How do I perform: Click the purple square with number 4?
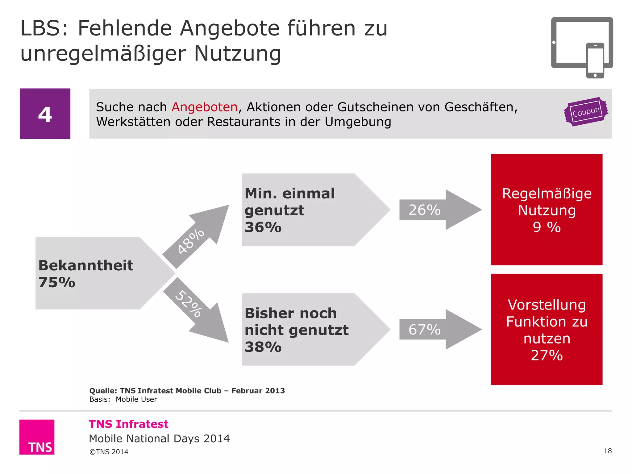[x=45, y=114]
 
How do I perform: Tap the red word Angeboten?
[x=204, y=107]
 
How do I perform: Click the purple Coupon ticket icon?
[x=586, y=112]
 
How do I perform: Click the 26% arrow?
[x=438, y=210]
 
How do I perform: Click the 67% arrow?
[x=438, y=330]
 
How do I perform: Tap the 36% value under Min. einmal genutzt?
[x=263, y=227]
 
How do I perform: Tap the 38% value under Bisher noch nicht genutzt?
[x=263, y=347]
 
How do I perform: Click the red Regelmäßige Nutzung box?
[x=547, y=210]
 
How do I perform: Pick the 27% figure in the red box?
[x=547, y=355]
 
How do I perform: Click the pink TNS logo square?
[x=37, y=437]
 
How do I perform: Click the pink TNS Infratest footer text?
[x=128, y=424]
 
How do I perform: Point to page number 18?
[x=607, y=451]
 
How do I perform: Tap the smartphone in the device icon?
[x=595, y=60]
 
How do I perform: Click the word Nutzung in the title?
[x=237, y=54]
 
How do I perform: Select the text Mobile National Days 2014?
[x=159, y=439]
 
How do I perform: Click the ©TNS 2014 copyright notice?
[x=109, y=452]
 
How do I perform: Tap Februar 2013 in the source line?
[x=258, y=391]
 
